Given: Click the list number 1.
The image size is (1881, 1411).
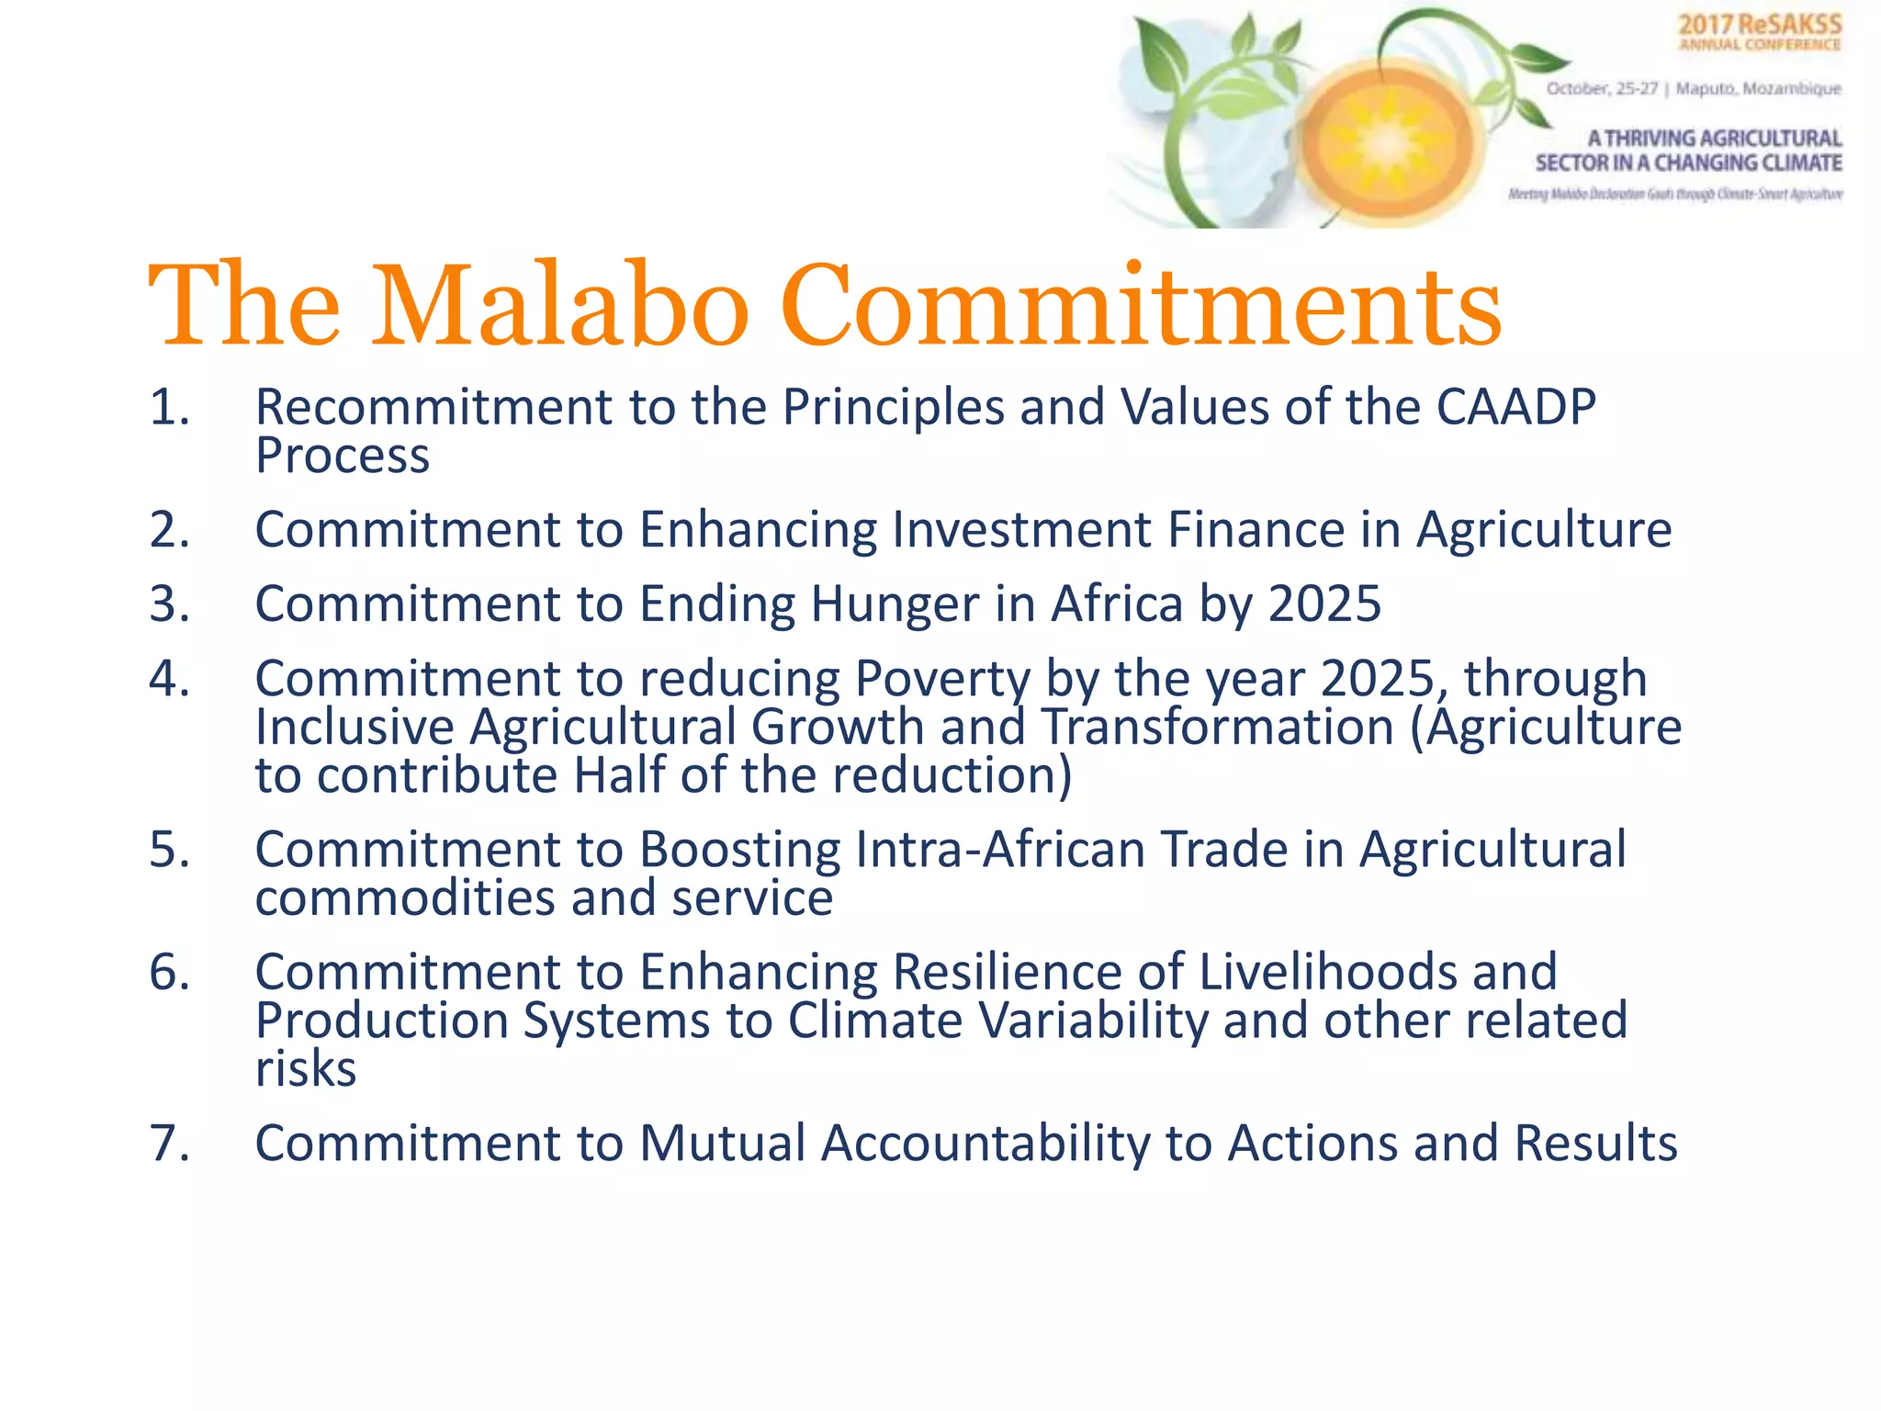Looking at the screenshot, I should click(x=169, y=407).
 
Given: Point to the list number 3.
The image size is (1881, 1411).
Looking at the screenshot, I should click(x=169, y=604).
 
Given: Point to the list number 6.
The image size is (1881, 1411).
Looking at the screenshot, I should click(x=169, y=972).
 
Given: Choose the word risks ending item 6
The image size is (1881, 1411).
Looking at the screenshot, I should click(x=305, y=1069).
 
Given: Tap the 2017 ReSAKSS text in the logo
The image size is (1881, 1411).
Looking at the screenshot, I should click(x=1760, y=25).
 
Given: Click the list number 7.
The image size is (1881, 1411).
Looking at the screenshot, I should click(x=169, y=1144).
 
